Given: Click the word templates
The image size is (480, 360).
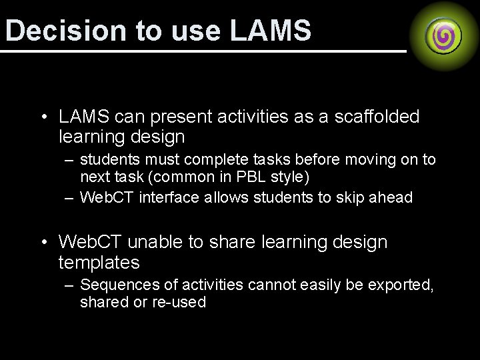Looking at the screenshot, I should coord(99,263).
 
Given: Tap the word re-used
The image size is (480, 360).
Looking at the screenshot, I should coord(181,302).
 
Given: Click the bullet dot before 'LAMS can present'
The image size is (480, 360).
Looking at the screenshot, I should coord(43,118).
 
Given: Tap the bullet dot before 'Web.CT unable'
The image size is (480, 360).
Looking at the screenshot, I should coord(43,242).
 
